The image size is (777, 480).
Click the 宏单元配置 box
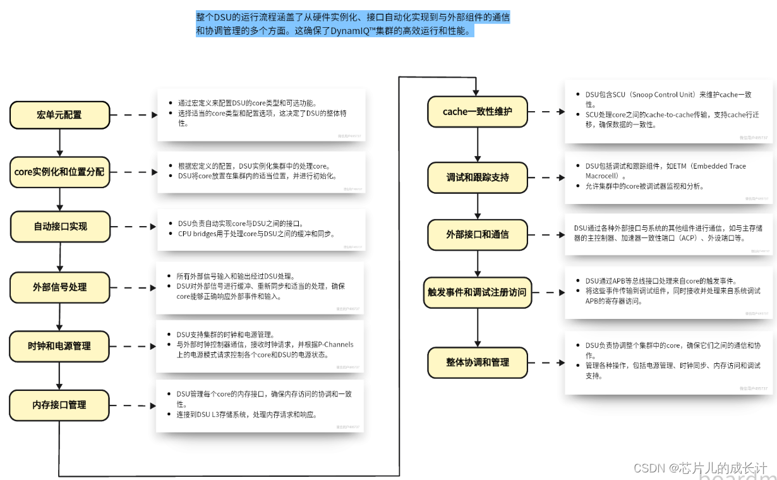point(59,115)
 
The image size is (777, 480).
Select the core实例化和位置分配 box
point(59,172)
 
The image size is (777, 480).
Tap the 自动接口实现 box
point(60,226)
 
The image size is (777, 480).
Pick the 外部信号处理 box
point(59,287)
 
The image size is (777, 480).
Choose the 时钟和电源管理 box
point(59,346)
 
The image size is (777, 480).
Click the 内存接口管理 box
point(59,405)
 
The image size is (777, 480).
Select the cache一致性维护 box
point(477,112)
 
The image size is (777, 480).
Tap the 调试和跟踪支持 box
point(477,177)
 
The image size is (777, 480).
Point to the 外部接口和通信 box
point(477,234)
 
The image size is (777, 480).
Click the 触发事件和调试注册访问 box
point(477,292)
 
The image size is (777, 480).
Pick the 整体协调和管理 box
point(477,362)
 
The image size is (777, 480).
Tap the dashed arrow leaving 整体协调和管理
point(546,362)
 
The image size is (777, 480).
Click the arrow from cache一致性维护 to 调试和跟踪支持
point(477,145)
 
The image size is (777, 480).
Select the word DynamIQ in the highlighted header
point(351,31)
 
